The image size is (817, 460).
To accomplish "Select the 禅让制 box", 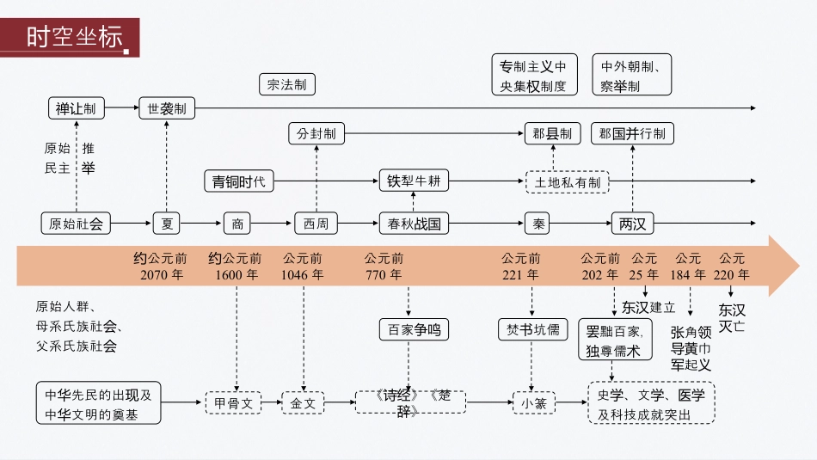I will click(x=76, y=108).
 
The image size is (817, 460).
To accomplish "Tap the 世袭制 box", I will click(x=167, y=108).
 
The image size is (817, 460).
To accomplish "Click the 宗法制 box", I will click(x=286, y=84).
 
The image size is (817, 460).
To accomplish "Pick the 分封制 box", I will click(x=316, y=134).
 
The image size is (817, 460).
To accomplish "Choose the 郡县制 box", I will click(x=552, y=134).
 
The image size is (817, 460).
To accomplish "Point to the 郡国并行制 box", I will click(x=632, y=134).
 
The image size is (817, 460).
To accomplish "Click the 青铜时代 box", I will click(x=239, y=181).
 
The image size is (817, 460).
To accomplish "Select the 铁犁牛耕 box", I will click(x=415, y=181).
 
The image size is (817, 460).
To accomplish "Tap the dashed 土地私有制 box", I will click(x=567, y=182).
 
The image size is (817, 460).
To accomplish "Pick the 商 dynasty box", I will click(x=237, y=224).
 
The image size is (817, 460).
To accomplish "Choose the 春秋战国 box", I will click(x=415, y=224).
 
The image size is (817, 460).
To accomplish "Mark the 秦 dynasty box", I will click(x=538, y=224).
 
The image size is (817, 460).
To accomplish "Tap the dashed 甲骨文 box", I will click(x=232, y=402).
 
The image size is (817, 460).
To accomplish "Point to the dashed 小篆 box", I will click(x=534, y=402).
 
